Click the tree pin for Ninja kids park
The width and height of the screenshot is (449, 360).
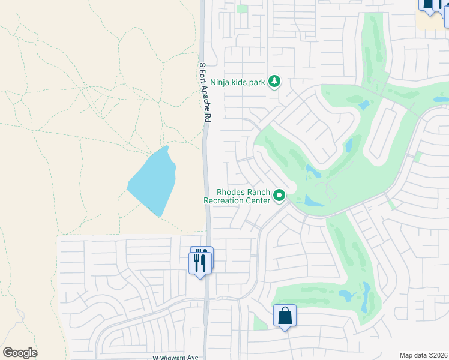click(274, 81)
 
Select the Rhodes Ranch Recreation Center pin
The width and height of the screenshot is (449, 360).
click(279, 196)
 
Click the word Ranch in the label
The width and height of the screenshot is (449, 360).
click(258, 192)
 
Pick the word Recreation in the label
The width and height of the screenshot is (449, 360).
click(226, 200)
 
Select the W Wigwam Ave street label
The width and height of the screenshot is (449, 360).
click(175, 357)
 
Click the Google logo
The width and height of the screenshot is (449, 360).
click(20, 353)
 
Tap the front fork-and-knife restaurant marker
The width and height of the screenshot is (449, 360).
click(199, 263)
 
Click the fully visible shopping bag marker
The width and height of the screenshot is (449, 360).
click(285, 316)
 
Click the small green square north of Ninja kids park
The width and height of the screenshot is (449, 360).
click(242, 9)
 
